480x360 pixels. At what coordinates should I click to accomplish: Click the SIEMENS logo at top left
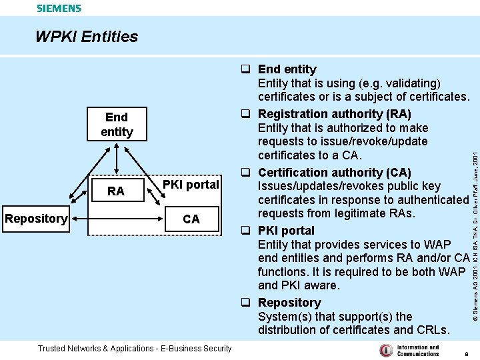tap(59, 9)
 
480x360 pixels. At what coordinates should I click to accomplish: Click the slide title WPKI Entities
tap(87, 37)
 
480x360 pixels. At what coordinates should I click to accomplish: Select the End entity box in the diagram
tap(117, 125)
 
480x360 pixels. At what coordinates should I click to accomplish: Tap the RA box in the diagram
tap(116, 191)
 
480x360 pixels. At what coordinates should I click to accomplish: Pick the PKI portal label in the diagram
tap(191, 185)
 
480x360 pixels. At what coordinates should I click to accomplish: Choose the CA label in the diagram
tap(191, 219)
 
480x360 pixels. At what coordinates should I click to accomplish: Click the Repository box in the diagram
tap(36, 219)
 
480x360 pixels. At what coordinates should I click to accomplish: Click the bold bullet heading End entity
tap(287, 69)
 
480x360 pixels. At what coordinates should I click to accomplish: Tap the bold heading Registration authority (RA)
tap(334, 114)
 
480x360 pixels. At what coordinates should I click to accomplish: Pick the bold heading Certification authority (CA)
tap(334, 173)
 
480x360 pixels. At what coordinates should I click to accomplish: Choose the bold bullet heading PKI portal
tap(286, 231)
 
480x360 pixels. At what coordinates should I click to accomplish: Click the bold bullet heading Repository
tap(289, 303)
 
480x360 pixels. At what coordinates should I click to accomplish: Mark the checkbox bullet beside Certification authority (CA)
tap(245, 173)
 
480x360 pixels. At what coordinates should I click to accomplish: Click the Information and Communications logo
tap(409, 350)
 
